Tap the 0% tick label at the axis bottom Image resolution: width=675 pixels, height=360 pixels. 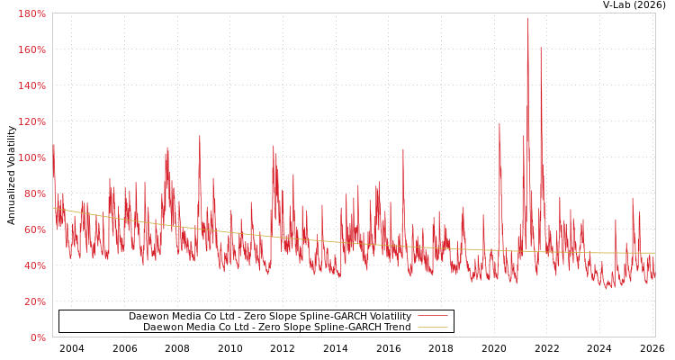click(38, 337)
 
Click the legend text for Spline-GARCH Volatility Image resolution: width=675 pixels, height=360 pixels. click(269, 317)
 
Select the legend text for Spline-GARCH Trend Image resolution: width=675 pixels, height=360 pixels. click(276, 328)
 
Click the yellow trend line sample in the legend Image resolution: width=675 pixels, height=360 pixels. click(433, 328)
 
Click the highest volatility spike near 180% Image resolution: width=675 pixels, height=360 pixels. click(528, 19)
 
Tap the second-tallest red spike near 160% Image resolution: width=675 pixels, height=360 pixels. click(541, 49)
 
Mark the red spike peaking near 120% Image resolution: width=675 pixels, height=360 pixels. click(499, 124)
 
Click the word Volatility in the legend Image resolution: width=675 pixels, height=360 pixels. click(388, 317)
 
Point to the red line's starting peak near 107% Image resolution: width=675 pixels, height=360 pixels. click(53, 145)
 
